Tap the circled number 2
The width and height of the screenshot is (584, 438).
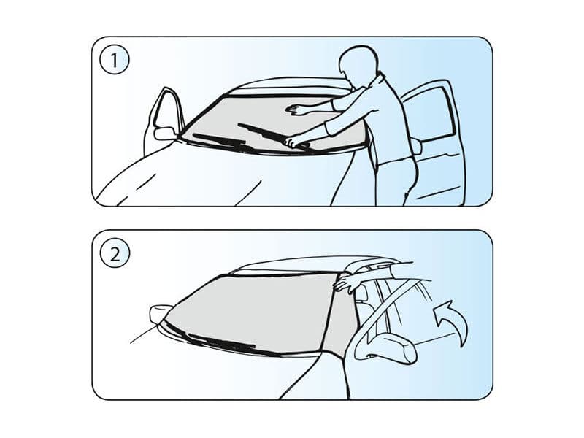click(114, 254)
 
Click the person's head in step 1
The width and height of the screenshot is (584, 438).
click(360, 67)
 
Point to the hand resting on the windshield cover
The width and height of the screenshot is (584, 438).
click(296, 110)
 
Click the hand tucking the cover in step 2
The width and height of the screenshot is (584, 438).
click(350, 281)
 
